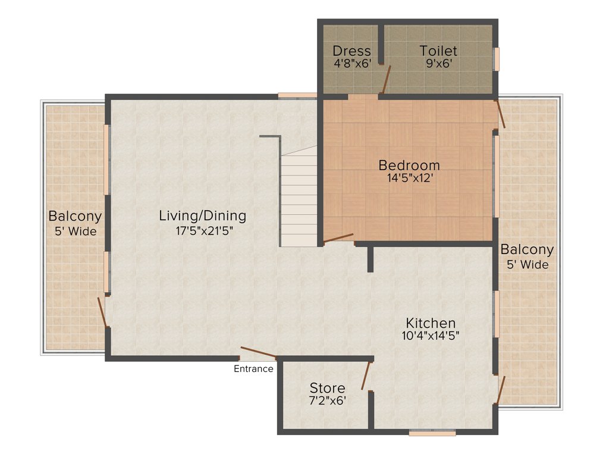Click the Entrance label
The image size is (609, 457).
point(253,369)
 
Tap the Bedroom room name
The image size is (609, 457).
point(409,165)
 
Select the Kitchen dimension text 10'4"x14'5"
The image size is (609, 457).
point(431,335)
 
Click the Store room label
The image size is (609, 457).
point(327,389)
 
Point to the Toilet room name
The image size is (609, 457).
point(438,51)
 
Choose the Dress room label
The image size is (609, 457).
point(351,51)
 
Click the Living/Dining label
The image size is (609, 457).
point(202,215)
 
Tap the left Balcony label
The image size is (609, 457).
point(75,216)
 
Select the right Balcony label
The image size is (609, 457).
point(526,249)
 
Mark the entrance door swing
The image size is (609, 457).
point(259,352)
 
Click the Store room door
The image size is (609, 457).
point(366,375)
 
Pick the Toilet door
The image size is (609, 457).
point(386,80)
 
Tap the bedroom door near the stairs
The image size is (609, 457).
point(338,238)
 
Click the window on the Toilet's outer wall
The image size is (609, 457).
point(497,59)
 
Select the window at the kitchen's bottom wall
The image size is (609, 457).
point(432,433)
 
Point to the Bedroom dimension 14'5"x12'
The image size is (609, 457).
point(409,177)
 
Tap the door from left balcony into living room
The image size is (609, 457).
point(102,311)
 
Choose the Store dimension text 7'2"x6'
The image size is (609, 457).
point(327,401)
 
